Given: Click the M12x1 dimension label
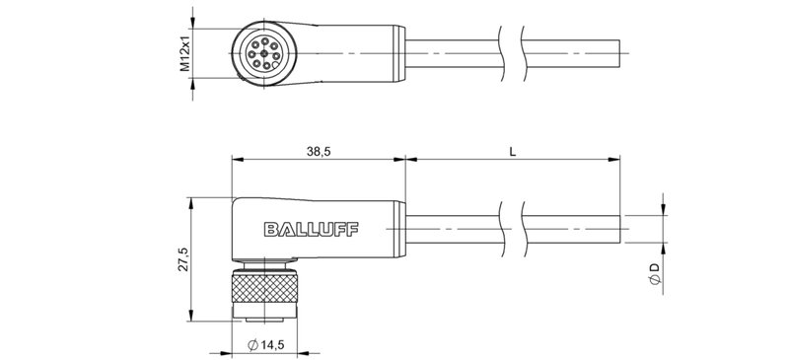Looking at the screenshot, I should (183, 49).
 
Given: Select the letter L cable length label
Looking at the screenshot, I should (511, 151).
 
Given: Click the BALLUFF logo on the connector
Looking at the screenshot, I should (312, 229).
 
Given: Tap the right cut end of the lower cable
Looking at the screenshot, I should (619, 229).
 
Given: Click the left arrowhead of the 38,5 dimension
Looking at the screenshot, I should (236, 158).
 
